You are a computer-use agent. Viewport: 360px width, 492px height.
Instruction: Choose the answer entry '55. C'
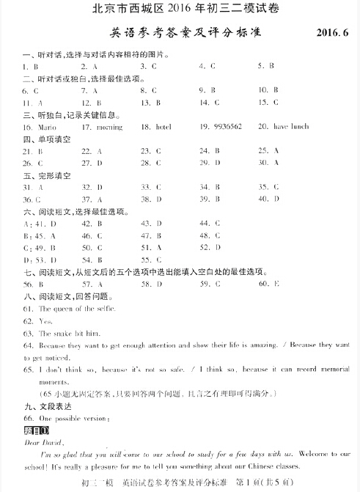(150, 260)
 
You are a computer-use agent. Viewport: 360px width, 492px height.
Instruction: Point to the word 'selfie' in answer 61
(96, 309)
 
